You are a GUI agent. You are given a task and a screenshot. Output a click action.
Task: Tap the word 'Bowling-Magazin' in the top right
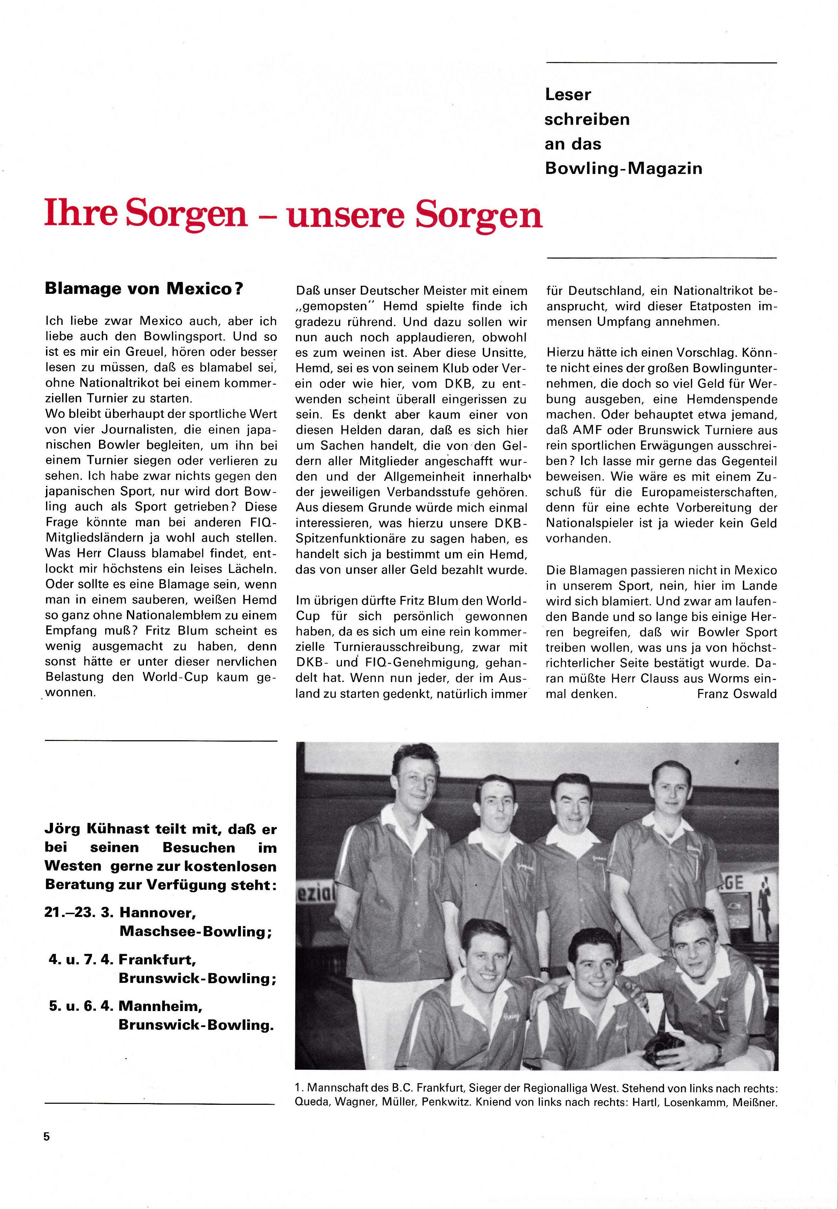pos(623,169)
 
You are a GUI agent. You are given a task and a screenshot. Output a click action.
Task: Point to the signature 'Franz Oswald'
pos(737,694)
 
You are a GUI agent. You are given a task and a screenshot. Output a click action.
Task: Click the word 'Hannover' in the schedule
pos(158,912)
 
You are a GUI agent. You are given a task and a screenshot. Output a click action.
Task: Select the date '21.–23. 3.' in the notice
pos(79,912)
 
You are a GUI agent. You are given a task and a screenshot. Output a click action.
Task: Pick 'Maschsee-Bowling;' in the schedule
pos(195,931)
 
